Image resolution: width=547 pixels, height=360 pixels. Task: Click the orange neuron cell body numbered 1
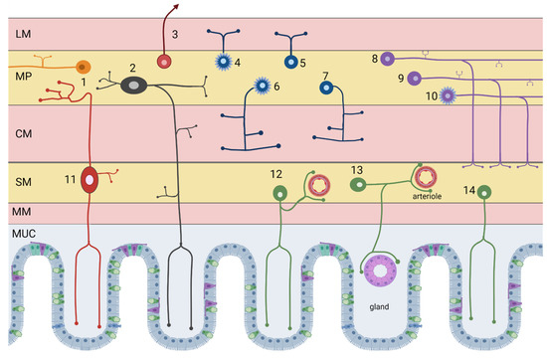click(x=82, y=66)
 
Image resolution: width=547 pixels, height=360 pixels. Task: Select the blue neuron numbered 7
click(x=325, y=90)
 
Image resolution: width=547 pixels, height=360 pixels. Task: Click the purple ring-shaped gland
click(x=379, y=270)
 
